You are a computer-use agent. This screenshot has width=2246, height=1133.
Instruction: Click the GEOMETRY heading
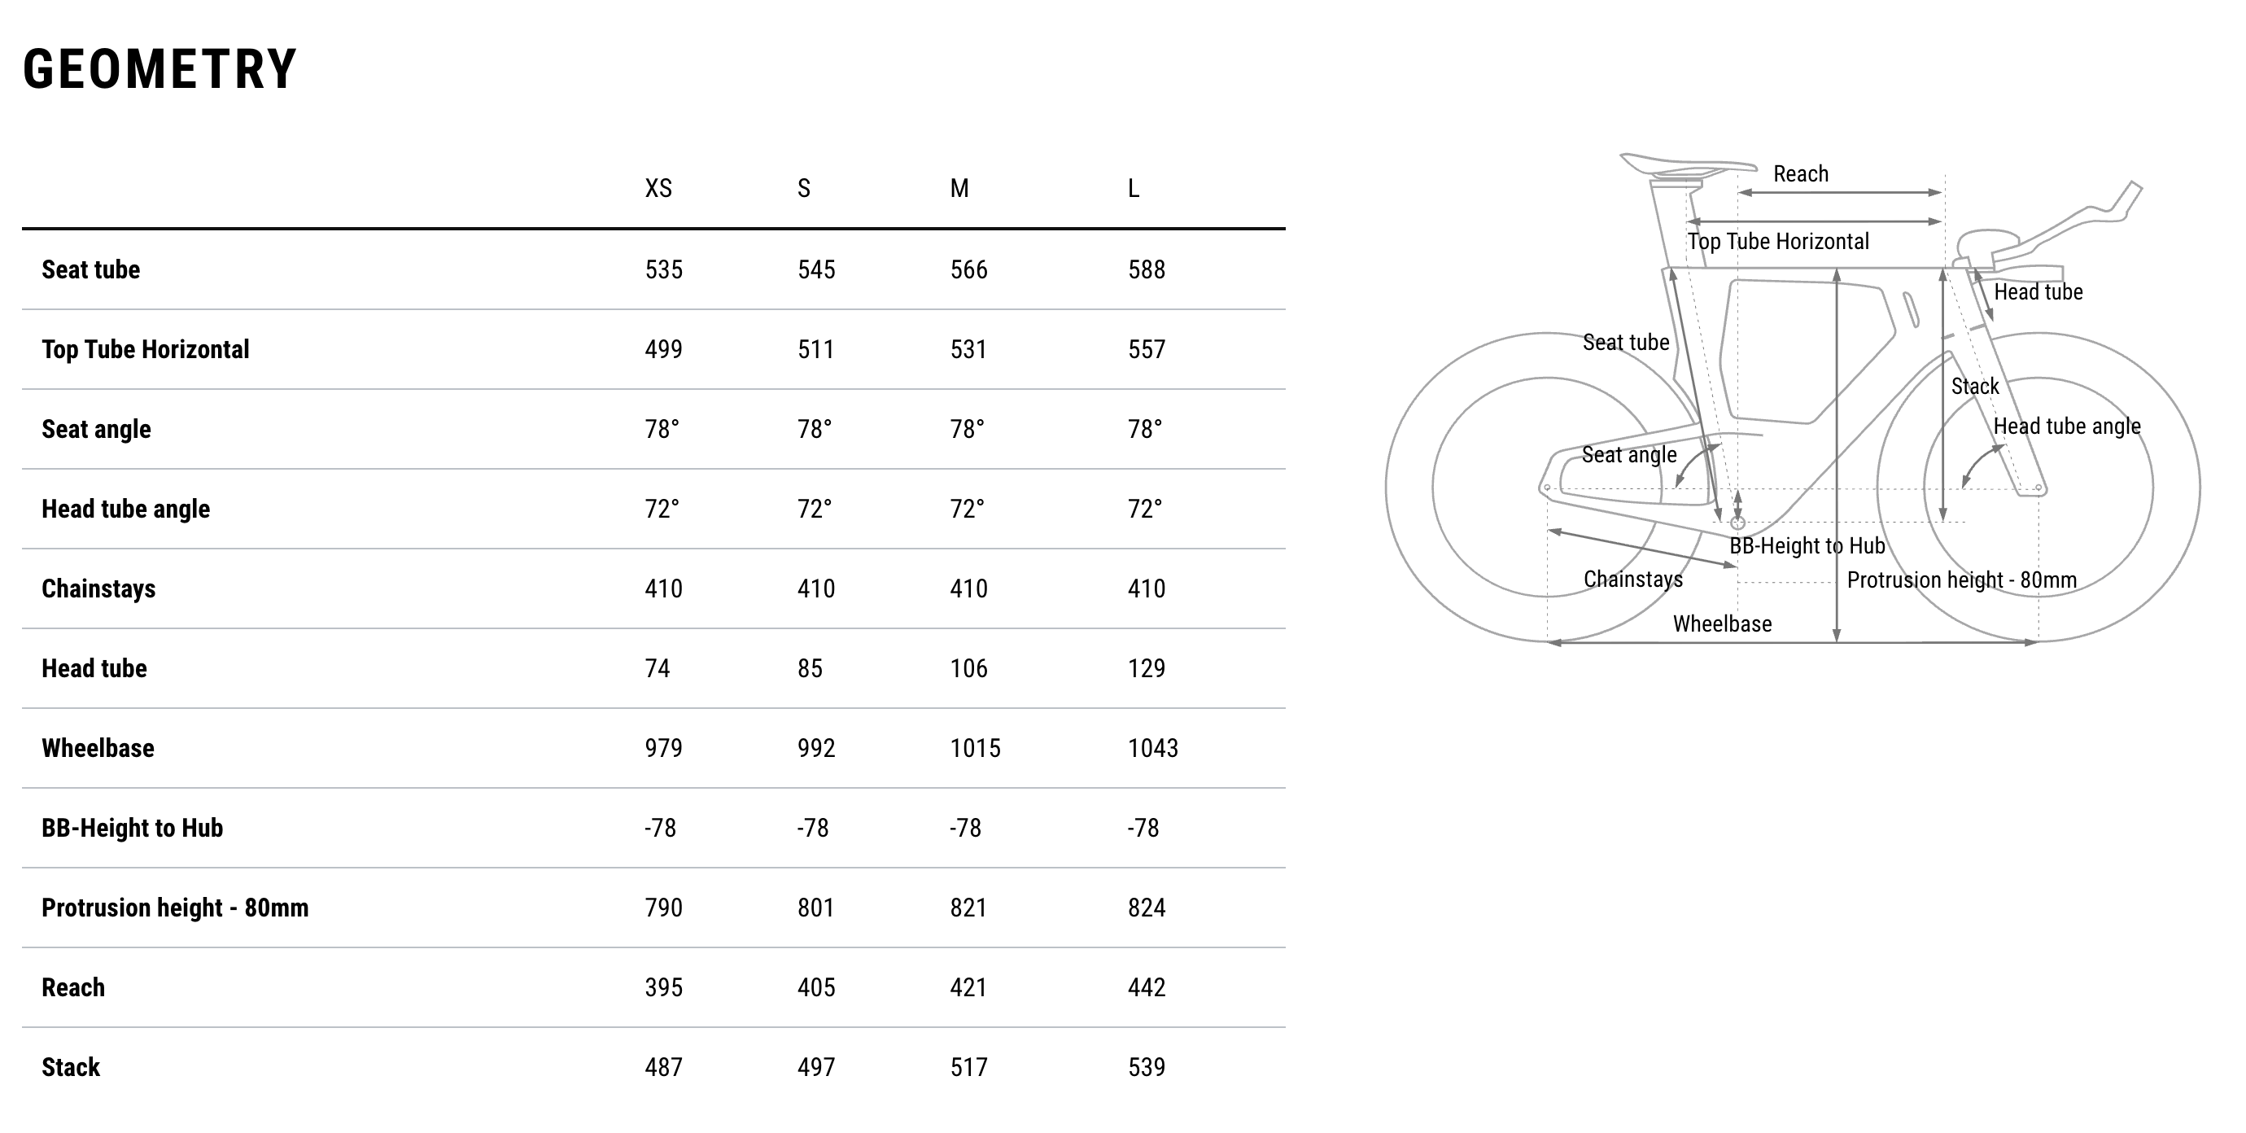pos(159,70)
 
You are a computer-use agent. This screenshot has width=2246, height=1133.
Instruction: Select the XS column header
pos(658,188)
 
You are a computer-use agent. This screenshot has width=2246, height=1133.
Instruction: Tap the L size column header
pos(1134,188)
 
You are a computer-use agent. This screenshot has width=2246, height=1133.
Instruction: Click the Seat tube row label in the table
pos(90,269)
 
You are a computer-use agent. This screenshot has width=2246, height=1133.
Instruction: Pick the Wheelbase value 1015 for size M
pos(975,748)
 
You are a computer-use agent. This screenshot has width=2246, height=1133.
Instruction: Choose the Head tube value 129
pos(1146,669)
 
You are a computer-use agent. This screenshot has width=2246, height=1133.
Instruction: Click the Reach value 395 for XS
pos(663,987)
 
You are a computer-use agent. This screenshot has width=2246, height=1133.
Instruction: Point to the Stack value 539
pos(1146,1068)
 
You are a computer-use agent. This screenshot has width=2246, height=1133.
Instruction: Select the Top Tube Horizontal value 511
pos(816,350)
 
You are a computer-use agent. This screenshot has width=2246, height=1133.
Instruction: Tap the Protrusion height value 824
pos(1146,908)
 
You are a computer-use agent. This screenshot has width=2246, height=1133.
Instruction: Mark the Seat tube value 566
pos(968,269)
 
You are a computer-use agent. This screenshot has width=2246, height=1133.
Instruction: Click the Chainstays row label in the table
pos(98,588)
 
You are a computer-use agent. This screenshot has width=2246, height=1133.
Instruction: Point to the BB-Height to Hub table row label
pos(133,828)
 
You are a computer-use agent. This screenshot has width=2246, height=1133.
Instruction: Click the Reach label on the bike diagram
pos(1800,173)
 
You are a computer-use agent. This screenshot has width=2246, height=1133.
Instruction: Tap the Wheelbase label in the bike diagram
pos(1722,623)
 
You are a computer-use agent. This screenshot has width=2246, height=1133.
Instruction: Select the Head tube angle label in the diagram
pos(2066,427)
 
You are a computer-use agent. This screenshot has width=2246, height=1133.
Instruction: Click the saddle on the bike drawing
pos(1686,165)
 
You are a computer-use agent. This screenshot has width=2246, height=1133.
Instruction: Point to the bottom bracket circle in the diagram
pos(1737,523)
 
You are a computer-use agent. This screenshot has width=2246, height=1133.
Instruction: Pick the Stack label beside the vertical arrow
pos(1974,387)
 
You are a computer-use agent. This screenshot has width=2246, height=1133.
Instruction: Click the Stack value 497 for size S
pos(816,1068)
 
